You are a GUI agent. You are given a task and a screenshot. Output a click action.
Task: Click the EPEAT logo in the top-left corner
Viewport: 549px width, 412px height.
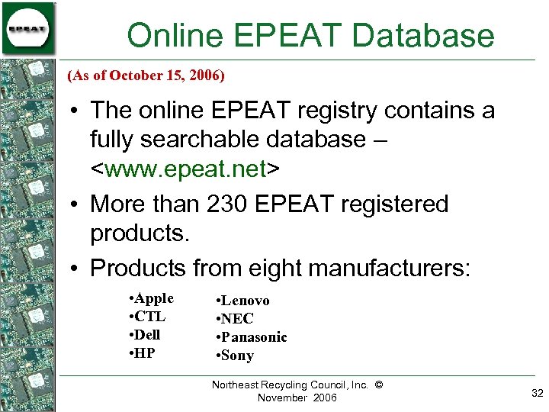tap(27, 28)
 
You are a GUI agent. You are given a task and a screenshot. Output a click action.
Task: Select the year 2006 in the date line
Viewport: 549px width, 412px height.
tap(207, 76)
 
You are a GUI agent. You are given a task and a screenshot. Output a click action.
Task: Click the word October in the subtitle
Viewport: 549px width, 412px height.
tap(133, 76)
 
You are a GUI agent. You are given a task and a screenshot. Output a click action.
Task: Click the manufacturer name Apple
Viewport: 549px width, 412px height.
tap(154, 298)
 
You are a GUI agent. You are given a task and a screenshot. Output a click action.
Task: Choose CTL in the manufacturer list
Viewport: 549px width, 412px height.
tap(150, 317)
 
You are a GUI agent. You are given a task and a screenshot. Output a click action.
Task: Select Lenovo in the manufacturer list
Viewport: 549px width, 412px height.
tap(246, 301)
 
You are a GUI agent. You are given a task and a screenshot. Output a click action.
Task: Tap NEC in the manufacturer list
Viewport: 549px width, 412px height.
tap(238, 319)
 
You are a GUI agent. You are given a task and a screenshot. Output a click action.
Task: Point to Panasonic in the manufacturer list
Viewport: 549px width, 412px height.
tap(255, 337)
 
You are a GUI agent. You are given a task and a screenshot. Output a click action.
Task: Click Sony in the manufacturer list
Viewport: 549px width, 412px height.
tap(238, 356)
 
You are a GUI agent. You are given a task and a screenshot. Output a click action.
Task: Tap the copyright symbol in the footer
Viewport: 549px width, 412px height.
tap(379, 385)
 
